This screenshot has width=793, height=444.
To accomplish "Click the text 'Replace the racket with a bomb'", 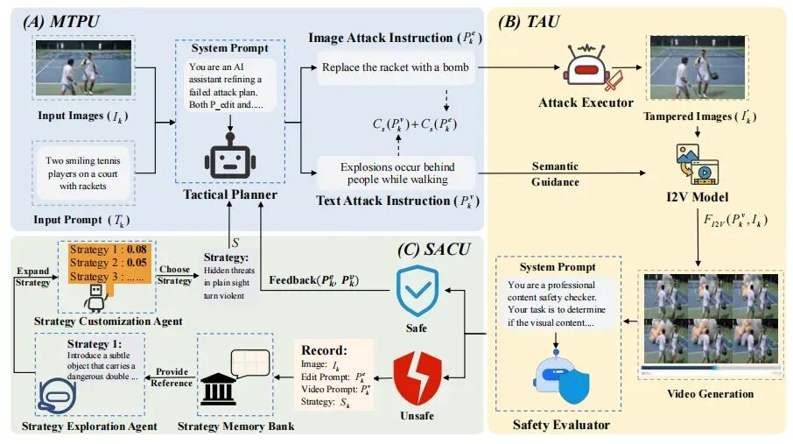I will [395, 67].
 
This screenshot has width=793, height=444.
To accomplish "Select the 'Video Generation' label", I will [711, 394].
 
